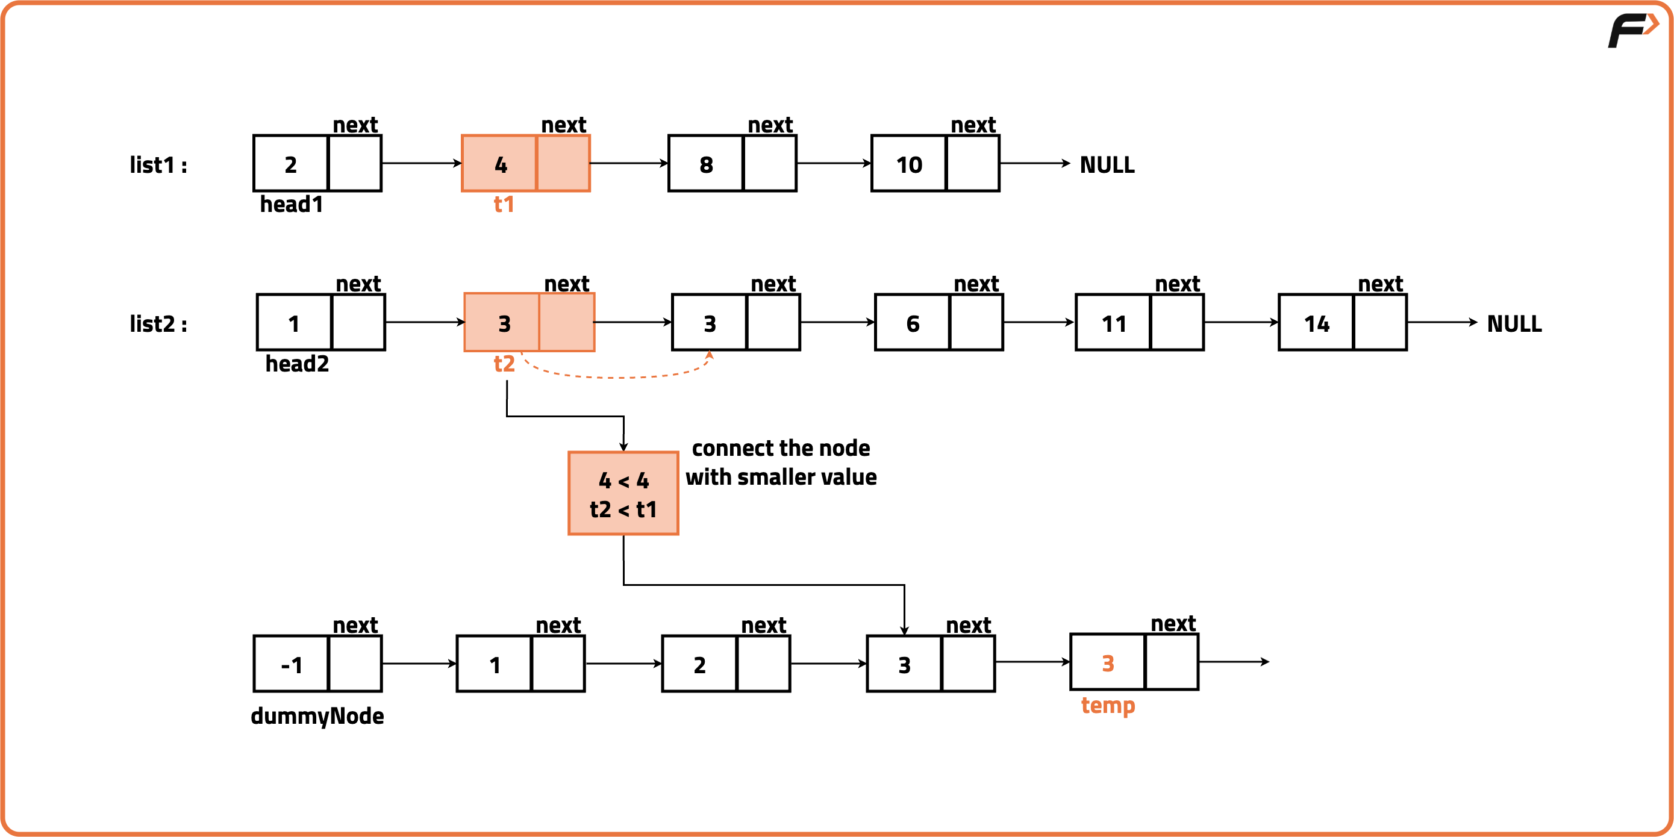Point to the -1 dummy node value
pyautogui.click(x=291, y=664)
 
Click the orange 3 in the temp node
pyautogui.click(x=1108, y=663)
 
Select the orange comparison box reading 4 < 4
pyautogui.click(x=623, y=493)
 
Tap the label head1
pyautogui.click(x=291, y=205)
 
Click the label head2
pyautogui.click(x=297, y=364)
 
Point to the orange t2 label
pyautogui.click(x=504, y=364)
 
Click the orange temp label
pyautogui.click(x=1108, y=705)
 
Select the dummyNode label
pyautogui.click(x=317, y=716)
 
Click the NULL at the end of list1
pyautogui.click(x=1107, y=164)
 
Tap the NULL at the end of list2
pyautogui.click(x=1514, y=323)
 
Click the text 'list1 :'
pyautogui.click(x=158, y=165)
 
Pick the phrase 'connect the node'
pyautogui.click(x=781, y=448)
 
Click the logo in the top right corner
pyautogui.click(x=1632, y=30)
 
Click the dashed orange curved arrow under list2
pyautogui.click(x=617, y=376)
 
